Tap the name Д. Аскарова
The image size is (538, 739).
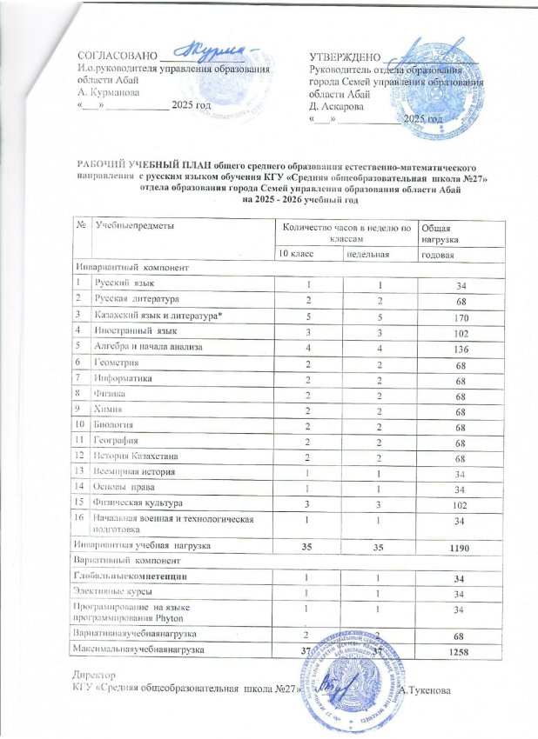point(340,106)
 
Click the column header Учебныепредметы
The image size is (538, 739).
point(136,226)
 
